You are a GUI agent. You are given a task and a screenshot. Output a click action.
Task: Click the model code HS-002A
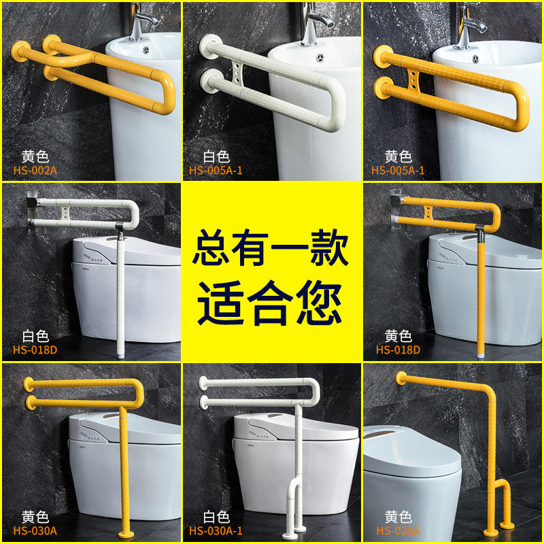point(35,171)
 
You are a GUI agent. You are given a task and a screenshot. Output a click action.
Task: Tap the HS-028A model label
point(398,531)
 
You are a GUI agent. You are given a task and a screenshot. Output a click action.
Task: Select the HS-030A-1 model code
point(216,531)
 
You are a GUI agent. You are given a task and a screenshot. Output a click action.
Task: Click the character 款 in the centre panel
point(328,248)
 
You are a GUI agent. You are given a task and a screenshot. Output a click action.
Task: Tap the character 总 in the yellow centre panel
point(212,248)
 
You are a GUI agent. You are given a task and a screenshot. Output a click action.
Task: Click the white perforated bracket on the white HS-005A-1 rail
point(237,74)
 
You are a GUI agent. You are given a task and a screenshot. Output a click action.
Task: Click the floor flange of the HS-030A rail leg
point(126,534)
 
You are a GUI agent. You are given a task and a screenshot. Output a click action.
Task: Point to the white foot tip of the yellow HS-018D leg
point(481,356)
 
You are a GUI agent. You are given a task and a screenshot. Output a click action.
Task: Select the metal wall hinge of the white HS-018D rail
point(32,211)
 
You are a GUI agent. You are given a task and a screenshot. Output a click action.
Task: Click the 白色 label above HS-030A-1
point(216,517)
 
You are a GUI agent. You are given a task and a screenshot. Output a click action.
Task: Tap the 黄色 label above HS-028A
point(398,517)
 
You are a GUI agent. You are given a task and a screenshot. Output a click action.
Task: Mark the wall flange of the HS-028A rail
point(401,377)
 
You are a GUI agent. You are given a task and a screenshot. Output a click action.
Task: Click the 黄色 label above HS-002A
point(35,156)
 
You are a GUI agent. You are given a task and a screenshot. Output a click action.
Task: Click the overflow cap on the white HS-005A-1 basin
point(320,57)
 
